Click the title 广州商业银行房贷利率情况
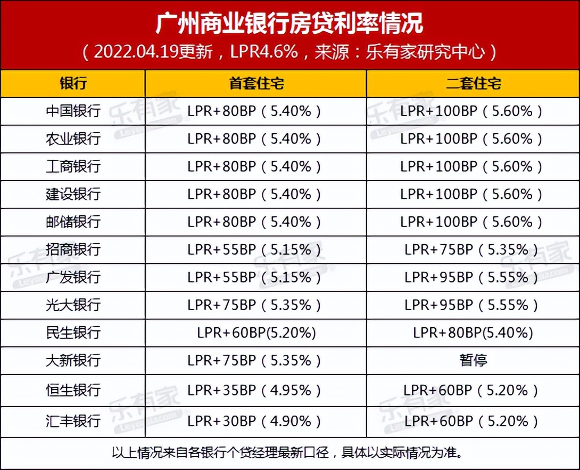(289, 23)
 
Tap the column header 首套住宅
(256, 84)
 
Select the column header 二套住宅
(473, 84)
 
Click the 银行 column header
(73, 84)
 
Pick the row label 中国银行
(73, 111)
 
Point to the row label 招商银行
(73, 249)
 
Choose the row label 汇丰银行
(73, 421)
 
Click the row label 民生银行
(73, 333)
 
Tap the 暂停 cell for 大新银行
(473, 360)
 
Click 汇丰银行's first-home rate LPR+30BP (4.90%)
(255, 421)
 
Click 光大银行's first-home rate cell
(255, 305)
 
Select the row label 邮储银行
(73, 222)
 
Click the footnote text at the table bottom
(289, 453)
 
